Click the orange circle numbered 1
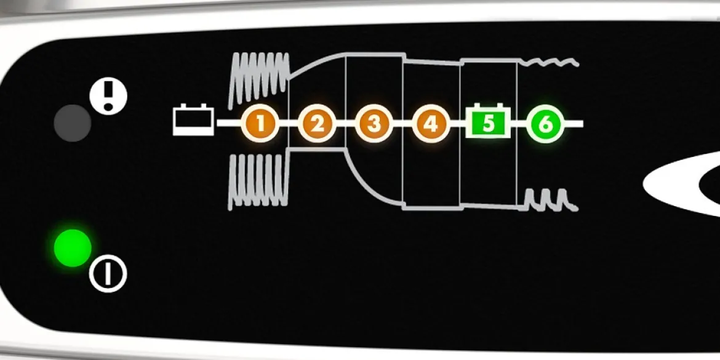coord(260,124)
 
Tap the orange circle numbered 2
coord(317,124)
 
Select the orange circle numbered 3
coord(374,124)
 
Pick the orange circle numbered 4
coord(431,124)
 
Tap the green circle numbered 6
coord(545,124)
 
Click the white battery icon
coord(193,120)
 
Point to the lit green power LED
coord(73,248)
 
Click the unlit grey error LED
coord(72,123)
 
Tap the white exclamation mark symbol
coord(108,96)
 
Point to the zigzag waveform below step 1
coord(258,182)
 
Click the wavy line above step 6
coord(549,62)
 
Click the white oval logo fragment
coord(682,183)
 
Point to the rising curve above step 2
coord(317,63)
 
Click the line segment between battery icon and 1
coord(229,123)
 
